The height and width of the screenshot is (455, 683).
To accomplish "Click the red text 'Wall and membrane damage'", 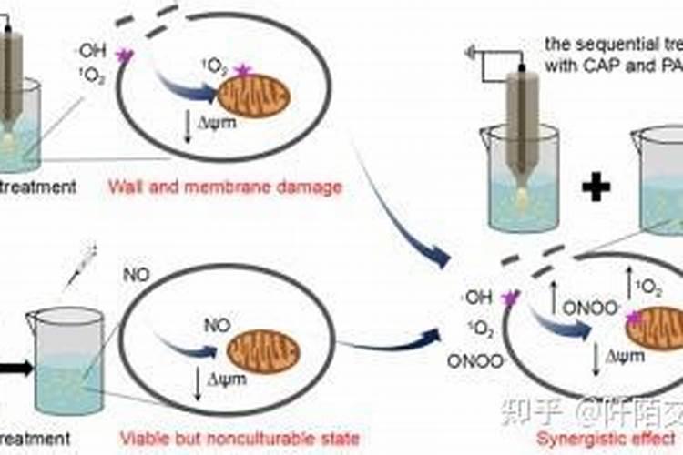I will pos(225,187).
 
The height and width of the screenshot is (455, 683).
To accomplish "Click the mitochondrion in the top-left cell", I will pos(254,101).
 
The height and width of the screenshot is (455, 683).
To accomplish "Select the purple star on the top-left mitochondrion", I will pos(242,69).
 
